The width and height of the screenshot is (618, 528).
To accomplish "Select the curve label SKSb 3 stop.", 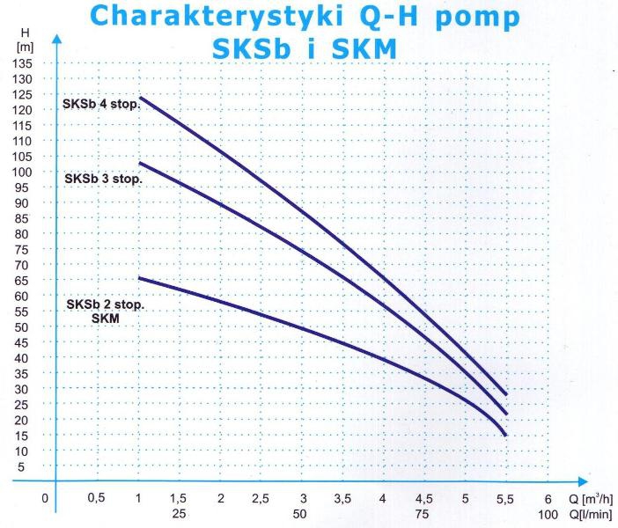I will tap(102, 178).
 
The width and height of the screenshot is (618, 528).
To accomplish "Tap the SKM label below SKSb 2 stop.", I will tap(105, 319).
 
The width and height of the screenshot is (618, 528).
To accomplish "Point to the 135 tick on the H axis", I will tap(24, 64).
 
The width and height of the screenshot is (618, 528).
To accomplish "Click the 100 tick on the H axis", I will tap(24, 172).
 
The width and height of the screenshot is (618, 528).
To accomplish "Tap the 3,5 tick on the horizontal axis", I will tap(342, 499).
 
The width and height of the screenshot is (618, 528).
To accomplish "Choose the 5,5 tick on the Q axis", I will tap(506, 499).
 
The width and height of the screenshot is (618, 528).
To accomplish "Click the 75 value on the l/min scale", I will tap(424, 513).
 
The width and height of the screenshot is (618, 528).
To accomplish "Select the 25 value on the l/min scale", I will tap(179, 513).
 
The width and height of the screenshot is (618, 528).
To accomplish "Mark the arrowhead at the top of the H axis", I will tap(55, 40).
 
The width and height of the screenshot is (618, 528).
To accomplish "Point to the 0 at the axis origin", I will tap(45, 499).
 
